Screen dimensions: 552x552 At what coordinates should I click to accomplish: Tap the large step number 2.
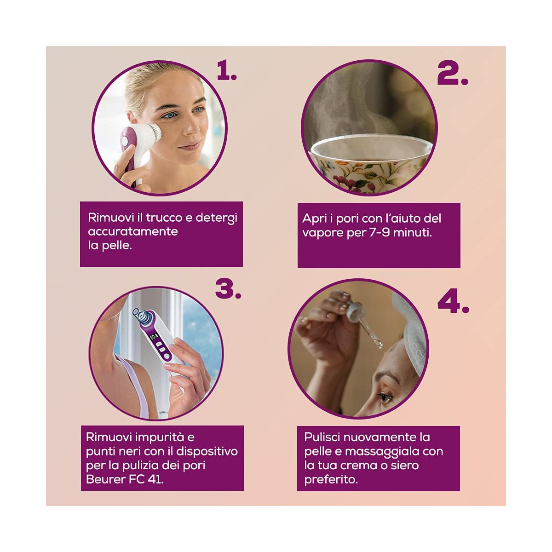453,73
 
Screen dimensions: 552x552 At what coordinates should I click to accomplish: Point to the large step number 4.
453,302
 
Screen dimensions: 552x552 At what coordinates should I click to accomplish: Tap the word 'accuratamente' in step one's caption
132,231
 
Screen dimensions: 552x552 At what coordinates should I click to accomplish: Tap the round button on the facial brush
125,141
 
